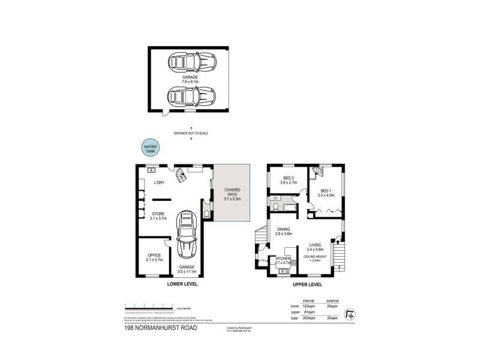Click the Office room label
pyautogui.click(x=154, y=257)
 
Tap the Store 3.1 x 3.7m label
pyautogui.click(x=158, y=215)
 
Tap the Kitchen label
pyautogui.click(x=283, y=260)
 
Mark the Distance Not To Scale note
pyautogui.click(x=191, y=133)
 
